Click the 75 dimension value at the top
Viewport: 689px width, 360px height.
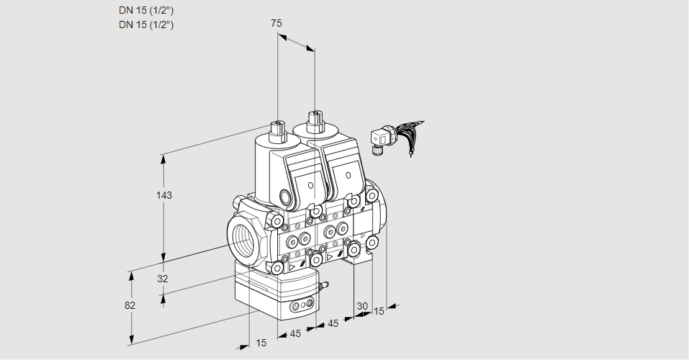point(276,24)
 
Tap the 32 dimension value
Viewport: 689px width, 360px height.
point(163,279)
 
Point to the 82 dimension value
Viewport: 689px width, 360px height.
point(130,305)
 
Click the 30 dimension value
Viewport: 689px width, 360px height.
point(362,306)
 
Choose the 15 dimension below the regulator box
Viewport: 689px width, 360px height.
point(261,343)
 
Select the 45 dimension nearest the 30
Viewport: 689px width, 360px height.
point(333,324)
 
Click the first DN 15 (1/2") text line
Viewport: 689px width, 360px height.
point(146,11)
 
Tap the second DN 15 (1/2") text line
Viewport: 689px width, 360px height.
point(146,24)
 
